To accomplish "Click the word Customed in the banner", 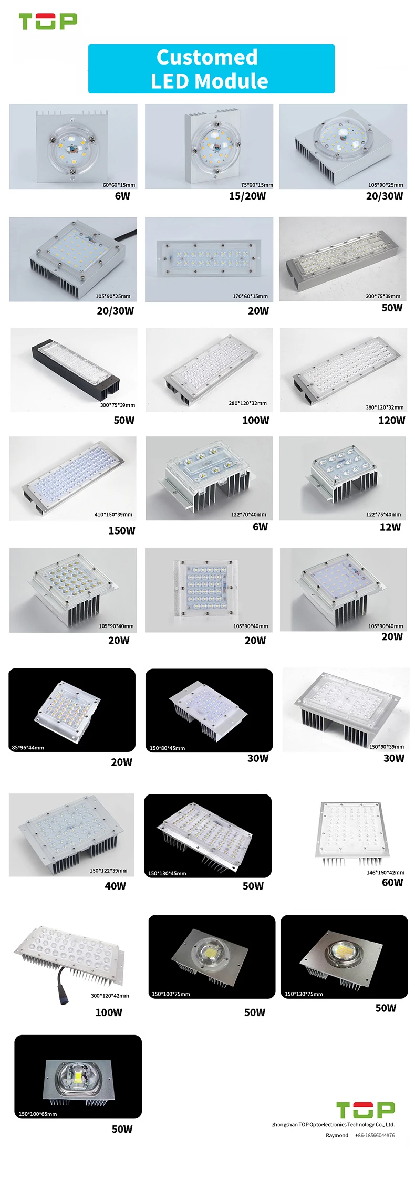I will (207, 57).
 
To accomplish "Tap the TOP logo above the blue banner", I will (48, 22).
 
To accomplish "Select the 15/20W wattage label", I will (247, 196).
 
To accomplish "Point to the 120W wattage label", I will (391, 420).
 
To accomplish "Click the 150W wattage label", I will (121, 530).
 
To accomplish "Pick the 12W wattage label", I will (390, 527).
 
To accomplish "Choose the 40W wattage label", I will (115, 886).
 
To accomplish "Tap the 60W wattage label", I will (392, 882).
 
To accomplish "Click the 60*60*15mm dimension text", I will (119, 185).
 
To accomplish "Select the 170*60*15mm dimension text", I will (250, 296).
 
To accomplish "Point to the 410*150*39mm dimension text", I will (113, 514).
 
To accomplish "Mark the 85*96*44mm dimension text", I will (28, 747).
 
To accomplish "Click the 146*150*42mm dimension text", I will (385, 872).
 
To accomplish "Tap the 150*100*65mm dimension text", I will (38, 1113).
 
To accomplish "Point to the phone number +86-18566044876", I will (375, 1135).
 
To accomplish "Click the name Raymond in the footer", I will (337, 1135).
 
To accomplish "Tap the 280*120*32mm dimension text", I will (247, 403).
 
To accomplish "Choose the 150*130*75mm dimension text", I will (304, 994).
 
